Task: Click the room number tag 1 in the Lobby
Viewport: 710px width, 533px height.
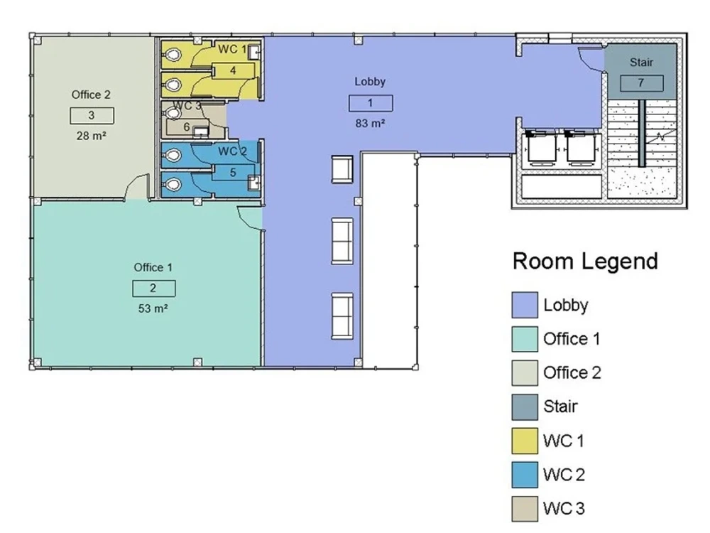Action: point(371,103)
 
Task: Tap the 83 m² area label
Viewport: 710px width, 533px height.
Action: point(370,123)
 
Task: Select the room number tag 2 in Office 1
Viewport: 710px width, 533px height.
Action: point(153,289)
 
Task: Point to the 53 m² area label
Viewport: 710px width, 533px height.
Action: point(153,308)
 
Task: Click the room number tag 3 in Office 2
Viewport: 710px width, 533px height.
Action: point(92,116)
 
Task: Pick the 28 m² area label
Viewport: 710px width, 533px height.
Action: point(92,136)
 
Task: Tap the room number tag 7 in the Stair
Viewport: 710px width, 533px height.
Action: point(641,83)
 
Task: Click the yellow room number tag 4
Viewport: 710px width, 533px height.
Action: point(233,70)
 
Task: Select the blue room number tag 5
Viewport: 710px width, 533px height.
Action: point(233,173)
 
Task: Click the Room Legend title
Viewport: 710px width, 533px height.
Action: point(585,261)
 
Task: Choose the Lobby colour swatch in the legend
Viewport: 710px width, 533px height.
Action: point(525,305)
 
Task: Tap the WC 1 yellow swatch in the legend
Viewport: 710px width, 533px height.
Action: point(525,441)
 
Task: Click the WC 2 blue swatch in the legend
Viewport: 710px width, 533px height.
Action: point(525,475)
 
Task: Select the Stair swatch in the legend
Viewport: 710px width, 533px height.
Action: point(525,407)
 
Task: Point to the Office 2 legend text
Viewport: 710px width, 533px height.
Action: point(572,372)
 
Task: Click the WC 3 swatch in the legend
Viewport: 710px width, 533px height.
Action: point(525,509)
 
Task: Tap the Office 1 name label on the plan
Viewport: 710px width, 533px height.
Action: point(153,267)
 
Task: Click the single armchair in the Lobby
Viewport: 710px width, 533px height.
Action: point(342,169)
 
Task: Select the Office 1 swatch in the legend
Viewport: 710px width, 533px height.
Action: point(525,339)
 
